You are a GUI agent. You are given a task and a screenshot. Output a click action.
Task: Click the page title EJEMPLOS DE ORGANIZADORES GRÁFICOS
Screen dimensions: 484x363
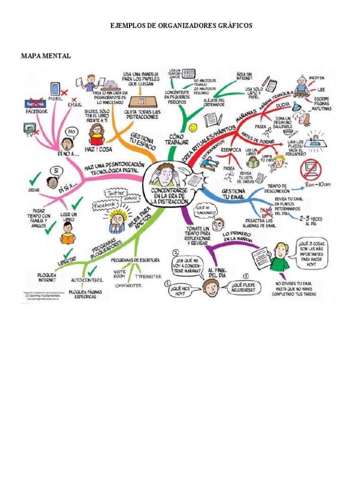[181, 26]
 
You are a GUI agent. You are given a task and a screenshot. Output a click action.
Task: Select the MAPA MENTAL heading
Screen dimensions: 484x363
[46, 56]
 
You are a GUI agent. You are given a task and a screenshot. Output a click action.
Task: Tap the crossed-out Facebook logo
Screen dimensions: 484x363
[36, 103]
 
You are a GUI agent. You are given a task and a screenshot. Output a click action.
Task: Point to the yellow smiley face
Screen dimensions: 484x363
[193, 128]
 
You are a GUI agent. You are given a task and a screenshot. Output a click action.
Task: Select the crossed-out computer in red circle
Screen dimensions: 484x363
[311, 169]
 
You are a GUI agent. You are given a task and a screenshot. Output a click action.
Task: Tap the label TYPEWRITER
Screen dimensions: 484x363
[148, 276]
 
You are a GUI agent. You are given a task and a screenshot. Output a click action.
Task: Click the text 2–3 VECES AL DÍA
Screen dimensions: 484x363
[311, 221]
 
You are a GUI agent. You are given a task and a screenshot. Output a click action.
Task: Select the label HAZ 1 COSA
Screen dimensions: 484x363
[99, 149]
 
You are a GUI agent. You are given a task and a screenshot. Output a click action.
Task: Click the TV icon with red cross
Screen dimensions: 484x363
[30, 127]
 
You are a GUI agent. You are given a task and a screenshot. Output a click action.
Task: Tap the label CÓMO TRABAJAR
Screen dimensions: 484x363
[178, 138]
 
